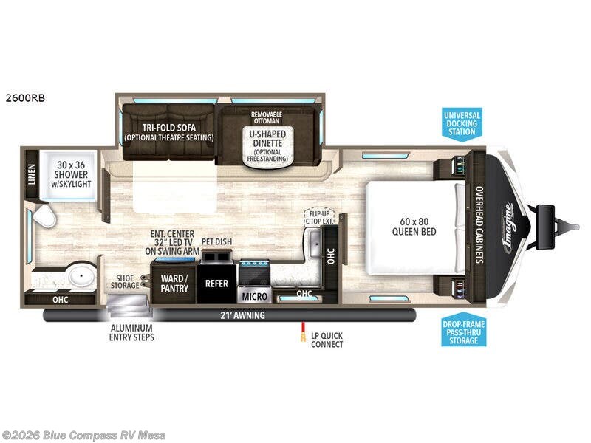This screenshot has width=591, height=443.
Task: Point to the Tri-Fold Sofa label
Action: point(168,131)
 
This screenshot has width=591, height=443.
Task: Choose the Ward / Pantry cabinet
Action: point(174,284)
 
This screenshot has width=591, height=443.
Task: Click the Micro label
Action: point(255,296)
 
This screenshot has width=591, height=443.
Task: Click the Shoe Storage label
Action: point(124,282)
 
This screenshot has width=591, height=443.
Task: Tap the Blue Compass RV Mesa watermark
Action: point(83,435)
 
